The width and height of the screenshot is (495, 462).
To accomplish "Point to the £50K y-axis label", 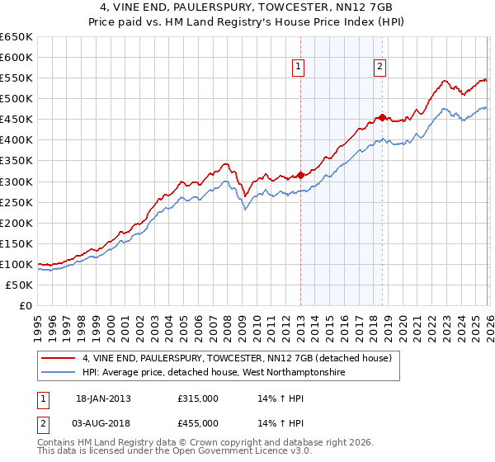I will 19,285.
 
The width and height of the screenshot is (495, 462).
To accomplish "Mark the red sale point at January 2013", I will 300,175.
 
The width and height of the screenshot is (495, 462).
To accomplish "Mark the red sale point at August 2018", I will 381,116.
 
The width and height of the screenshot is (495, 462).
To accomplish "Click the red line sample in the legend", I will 59,358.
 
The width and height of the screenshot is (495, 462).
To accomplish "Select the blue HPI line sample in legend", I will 59,373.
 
